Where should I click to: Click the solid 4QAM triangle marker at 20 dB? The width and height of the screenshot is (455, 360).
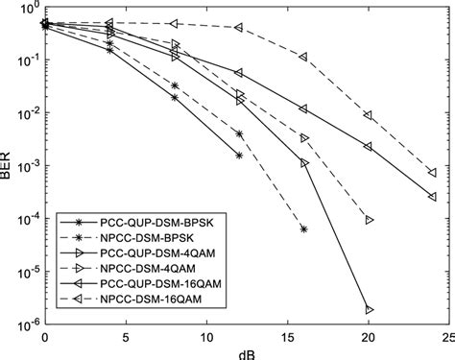tap(369, 309)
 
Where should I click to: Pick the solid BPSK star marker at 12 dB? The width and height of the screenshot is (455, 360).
tap(239, 155)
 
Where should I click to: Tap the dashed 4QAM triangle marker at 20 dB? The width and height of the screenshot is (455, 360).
tap(369, 220)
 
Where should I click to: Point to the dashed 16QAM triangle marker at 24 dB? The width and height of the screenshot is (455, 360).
tap(432, 173)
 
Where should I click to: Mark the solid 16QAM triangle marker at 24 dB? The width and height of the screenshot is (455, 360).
tap(432, 196)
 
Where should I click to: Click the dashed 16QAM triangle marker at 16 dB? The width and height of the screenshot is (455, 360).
tap(303, 58)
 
